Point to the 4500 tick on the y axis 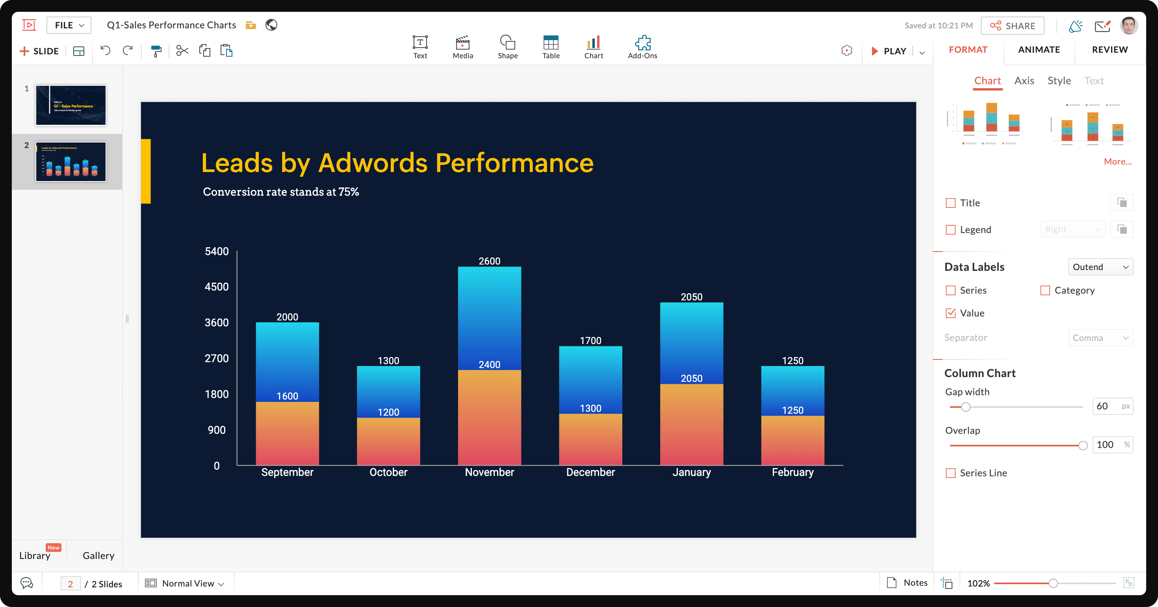coord(217,287)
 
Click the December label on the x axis coord(590,472)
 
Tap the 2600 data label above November coord(489,261)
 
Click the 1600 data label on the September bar coord(287,396)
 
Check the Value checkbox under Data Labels coord(951,313)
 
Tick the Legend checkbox coord(951,229)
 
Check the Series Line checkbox coord(951,473)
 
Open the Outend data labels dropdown coord(1100,267)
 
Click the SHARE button coord(1012,26)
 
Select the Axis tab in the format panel coord(1024,81)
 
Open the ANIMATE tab coord(1039,50)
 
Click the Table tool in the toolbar coord(551,47)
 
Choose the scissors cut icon coord(182,51)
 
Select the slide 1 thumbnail coord(71,105)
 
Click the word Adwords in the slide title coord(373,163)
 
